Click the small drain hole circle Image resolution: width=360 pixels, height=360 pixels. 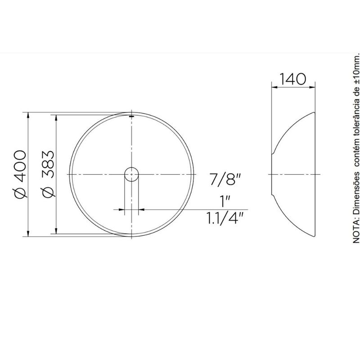point(131,175)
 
